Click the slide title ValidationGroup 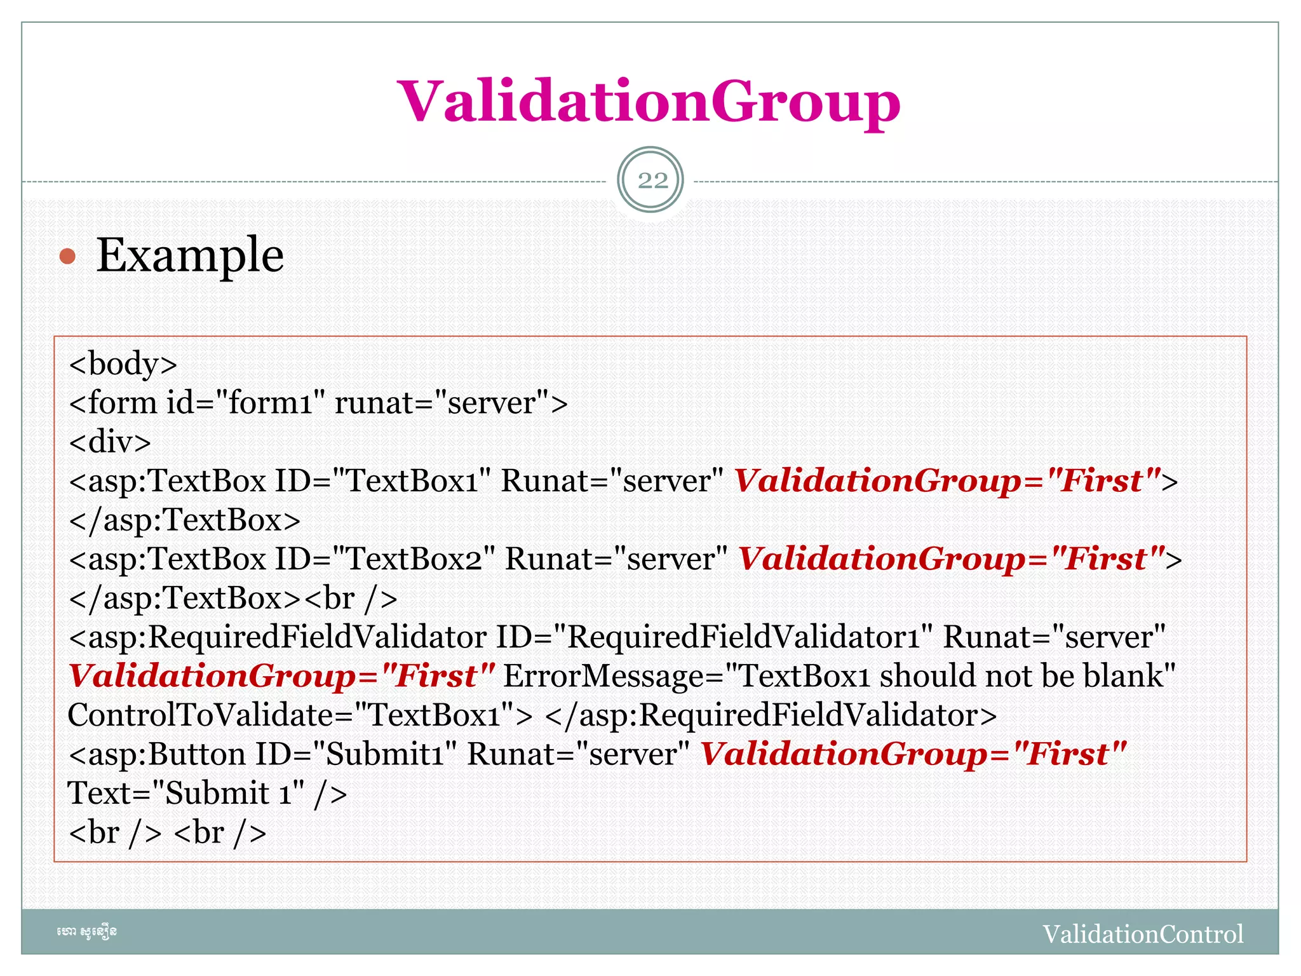click(649, 102)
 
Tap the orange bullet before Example click(67, 257)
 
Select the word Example click(190, 255)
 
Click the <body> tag click(123, 364)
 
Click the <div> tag click(110, 442)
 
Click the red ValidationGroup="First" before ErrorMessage click(281, 676)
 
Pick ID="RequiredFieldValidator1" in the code click(714, 637)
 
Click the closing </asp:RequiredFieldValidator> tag click(771, 715)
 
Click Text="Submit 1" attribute click(185, 794)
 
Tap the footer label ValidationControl click(1143, 934)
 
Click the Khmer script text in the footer click(86, 932)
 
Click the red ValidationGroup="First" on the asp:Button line click(913, 755)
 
